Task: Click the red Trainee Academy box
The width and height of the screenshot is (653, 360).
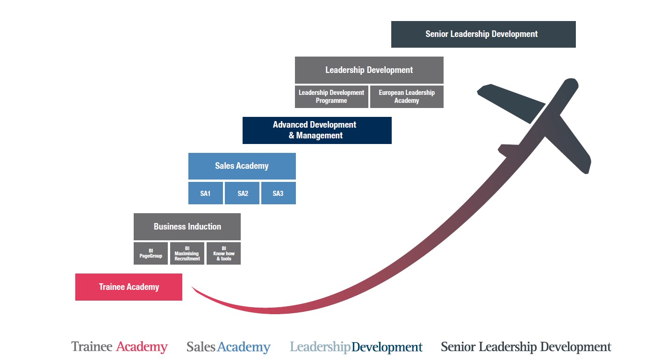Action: tap(129, 287)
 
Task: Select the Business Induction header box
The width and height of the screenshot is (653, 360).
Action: tap(187, 227)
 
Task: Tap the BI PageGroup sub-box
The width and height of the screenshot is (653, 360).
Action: tap(151, 253)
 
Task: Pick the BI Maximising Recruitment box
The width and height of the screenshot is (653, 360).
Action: tap(187, 253)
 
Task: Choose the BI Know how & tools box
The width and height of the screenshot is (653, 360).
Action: tap(223, 253)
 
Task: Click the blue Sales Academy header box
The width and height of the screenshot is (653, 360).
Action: tap(242, 166)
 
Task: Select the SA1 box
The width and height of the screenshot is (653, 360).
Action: tap(206, 194)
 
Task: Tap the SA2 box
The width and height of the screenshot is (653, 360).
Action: tap(243, 194)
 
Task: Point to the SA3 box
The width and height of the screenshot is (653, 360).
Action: tap(278, 194)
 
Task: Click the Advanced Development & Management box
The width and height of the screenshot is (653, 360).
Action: tap(317, 130)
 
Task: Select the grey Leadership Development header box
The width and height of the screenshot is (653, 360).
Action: tap(369, 70)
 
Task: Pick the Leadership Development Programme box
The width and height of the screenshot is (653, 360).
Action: tap(331, 97)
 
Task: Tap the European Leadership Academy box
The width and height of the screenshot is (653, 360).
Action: tap(407, 97)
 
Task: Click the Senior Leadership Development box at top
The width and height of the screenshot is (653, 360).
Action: tap(483, 34)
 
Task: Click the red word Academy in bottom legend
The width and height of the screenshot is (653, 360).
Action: tap(142, 347)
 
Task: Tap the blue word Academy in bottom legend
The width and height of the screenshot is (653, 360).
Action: tap(244, 347)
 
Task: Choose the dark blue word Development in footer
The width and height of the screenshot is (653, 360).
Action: tap(387, 347)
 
